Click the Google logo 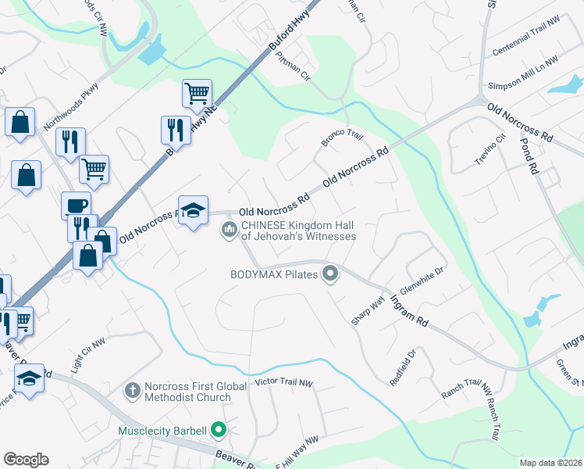tap(26, 460)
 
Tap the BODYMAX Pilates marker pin tap(330, 274)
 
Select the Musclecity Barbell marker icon tap(219, 430)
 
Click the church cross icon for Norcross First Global tap(133, 389)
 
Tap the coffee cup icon tap(77, 205)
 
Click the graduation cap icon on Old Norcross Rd tap(194, 210)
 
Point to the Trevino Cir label tap(490, 150)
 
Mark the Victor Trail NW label tap(284, 384)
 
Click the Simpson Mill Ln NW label tap(522, 73)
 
